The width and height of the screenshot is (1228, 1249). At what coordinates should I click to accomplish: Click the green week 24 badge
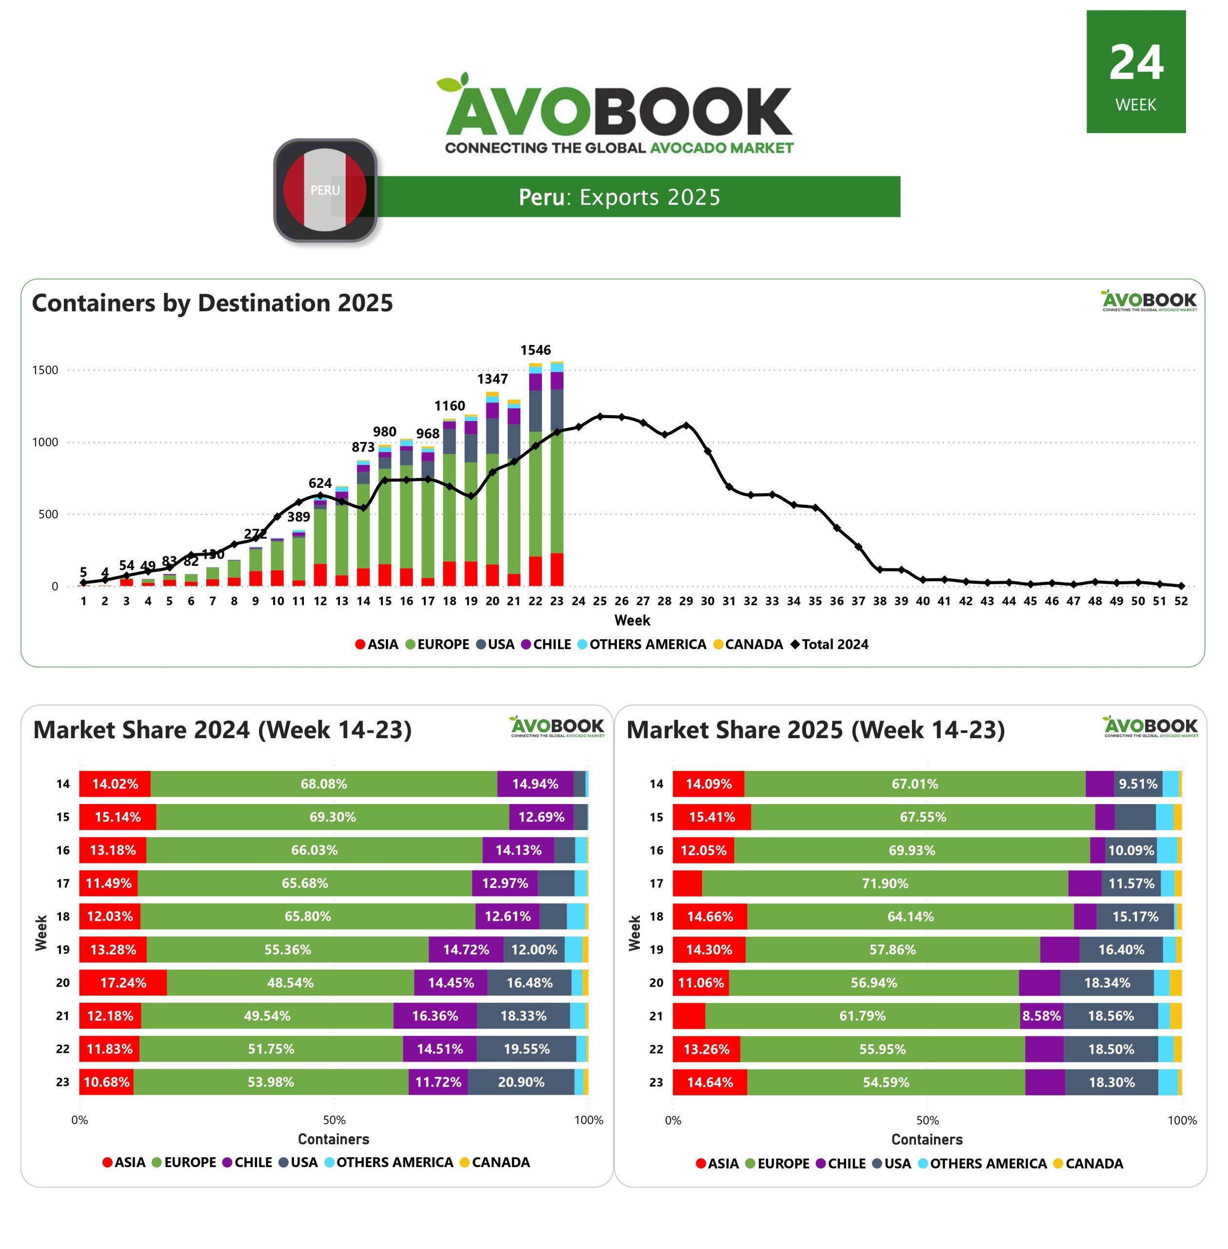point(1135,72)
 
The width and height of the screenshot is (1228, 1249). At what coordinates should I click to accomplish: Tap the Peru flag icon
point(325,190)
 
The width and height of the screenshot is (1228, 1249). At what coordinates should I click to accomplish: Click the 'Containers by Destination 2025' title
point(212,303)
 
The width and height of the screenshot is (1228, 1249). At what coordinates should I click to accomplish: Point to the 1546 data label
point(535,350)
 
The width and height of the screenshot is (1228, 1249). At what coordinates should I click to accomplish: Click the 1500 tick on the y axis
point(45,370)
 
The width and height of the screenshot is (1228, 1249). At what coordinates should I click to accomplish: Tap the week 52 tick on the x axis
point(1180,601)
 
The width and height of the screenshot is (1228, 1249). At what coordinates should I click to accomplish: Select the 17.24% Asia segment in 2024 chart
point(123,983)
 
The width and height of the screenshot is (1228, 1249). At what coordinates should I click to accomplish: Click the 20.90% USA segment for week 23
point(521,1082)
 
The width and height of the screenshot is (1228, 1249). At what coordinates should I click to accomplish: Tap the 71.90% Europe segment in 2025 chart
point(885,883)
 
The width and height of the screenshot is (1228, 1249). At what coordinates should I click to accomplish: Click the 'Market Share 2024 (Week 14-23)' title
point(222,730)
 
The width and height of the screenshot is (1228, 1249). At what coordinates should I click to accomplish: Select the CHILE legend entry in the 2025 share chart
point(840,1164)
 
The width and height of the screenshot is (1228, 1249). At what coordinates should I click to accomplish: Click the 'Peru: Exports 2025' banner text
point(619,197)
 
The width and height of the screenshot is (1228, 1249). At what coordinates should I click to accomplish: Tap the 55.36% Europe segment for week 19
point(288,949)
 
